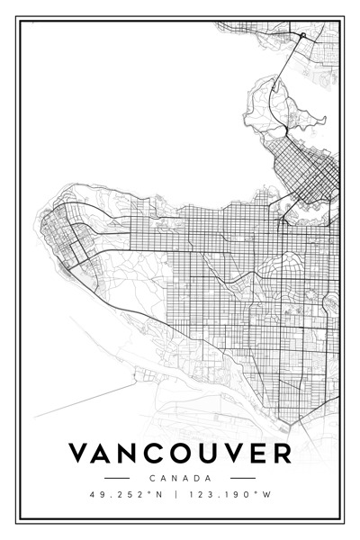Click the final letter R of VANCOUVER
point(281,453)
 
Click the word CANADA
point(180,478)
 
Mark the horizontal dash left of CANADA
point(117,478)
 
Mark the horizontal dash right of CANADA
point(243,478)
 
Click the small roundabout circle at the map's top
point(303,36)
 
